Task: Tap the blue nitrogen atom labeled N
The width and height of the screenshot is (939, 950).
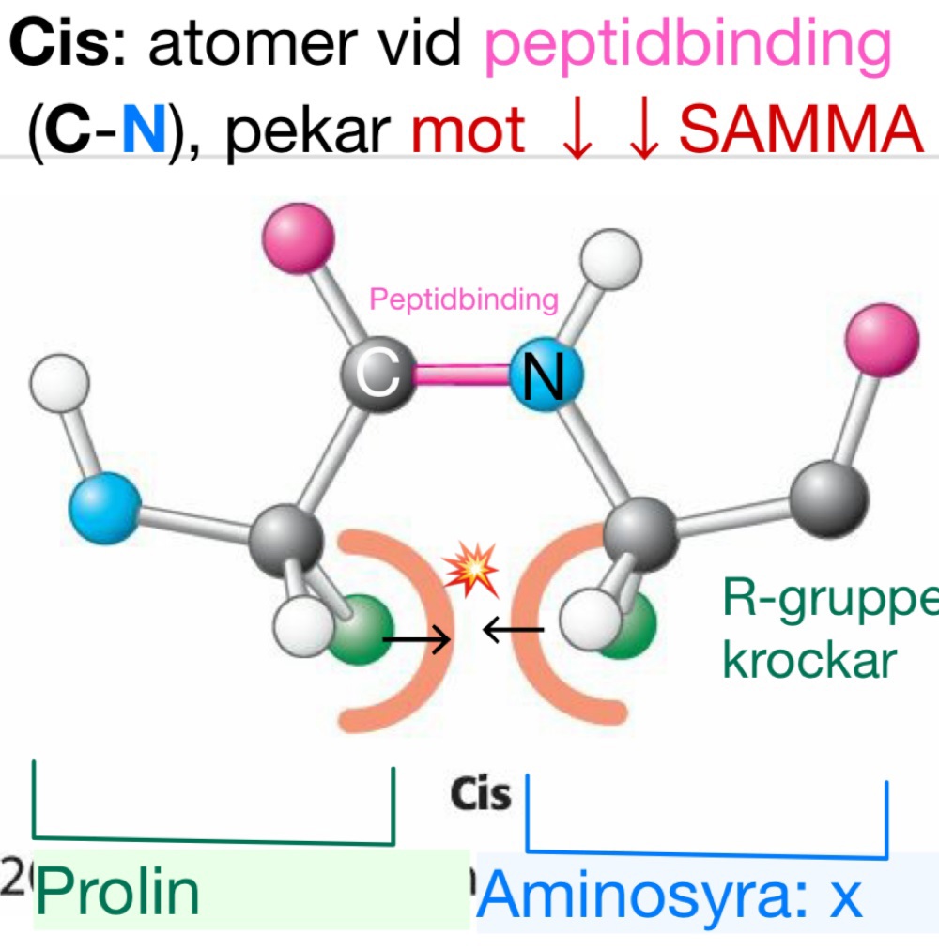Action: click(546, 376)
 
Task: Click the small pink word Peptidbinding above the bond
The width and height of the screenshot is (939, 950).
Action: click(464, 300)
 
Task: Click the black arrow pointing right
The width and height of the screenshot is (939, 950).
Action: click(416, 640)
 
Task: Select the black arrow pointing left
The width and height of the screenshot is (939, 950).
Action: click(513, 630)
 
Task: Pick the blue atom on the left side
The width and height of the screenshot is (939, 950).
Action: click(104, 508)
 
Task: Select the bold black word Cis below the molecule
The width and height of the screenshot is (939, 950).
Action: click(481, 794)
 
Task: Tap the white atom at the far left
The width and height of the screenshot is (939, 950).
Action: click(59, 385)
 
